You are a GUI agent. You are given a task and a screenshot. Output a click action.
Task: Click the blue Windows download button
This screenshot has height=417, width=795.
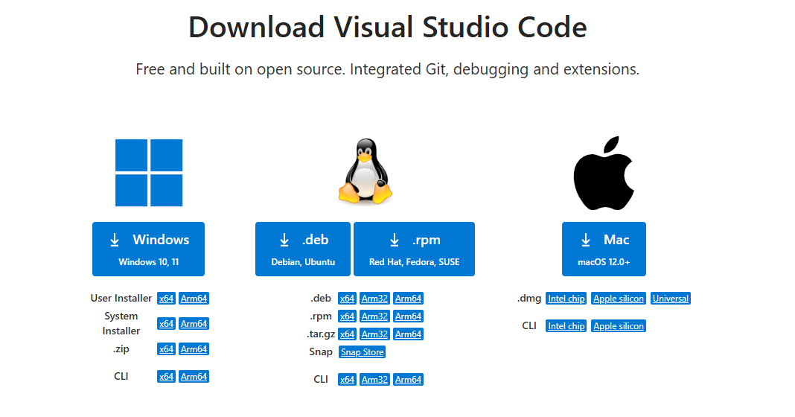148,249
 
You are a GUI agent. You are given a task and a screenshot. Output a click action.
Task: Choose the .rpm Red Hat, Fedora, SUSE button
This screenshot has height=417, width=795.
414,249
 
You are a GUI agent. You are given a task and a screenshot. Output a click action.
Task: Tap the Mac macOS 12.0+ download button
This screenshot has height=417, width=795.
604,249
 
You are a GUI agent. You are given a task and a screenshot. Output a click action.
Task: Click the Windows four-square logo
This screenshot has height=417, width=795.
149,173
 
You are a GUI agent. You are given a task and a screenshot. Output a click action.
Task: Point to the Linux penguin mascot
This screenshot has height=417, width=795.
365,174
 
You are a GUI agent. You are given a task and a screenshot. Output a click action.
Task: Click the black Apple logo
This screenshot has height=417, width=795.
603,173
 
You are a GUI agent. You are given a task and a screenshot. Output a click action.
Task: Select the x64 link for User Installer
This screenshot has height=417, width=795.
166,299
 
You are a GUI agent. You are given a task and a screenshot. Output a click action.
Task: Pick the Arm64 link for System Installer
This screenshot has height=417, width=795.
194,324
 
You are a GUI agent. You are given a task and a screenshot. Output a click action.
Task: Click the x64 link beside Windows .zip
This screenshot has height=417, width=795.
166,349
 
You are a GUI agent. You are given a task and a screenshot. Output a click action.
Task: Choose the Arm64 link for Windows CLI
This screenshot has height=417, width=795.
194,377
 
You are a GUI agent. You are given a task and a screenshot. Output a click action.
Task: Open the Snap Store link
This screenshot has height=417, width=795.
363,352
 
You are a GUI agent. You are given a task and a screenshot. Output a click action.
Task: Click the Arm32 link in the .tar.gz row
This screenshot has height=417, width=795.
374,334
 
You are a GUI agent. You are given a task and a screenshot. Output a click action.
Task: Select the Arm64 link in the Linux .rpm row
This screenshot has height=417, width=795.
408,316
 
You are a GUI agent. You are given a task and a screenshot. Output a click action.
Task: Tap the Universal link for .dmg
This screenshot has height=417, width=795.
671,299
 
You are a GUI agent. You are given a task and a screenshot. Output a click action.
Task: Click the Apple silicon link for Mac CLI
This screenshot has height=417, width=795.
619,326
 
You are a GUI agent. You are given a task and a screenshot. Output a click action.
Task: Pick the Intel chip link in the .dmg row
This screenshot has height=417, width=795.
566,299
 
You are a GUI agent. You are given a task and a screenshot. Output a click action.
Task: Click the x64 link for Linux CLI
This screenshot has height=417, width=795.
347,380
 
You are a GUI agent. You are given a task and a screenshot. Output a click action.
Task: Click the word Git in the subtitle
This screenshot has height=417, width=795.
430,69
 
